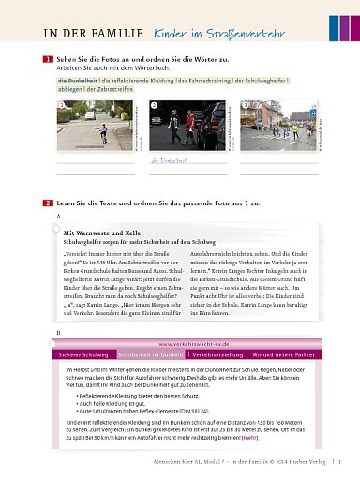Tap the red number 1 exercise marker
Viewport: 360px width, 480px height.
pos(47,60)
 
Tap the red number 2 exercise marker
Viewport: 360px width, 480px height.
pos(47,202)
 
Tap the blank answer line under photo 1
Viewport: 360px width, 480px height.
pos(94,164)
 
